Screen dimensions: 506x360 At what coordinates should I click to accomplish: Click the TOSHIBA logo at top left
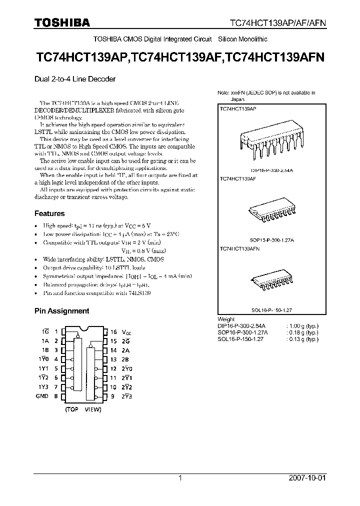[62, 22]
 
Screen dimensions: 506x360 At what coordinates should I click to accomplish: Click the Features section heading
[49, 213]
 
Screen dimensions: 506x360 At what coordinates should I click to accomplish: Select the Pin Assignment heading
[61, 310]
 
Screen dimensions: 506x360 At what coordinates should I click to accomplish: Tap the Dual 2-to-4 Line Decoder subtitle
[74, 78]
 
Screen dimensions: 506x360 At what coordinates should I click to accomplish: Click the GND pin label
[42, 396]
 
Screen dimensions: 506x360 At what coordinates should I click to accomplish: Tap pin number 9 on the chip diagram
[113, 396]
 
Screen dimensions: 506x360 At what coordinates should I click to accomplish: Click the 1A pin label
[45, 341]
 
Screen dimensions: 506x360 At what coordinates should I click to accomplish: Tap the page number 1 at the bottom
[180, 478]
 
